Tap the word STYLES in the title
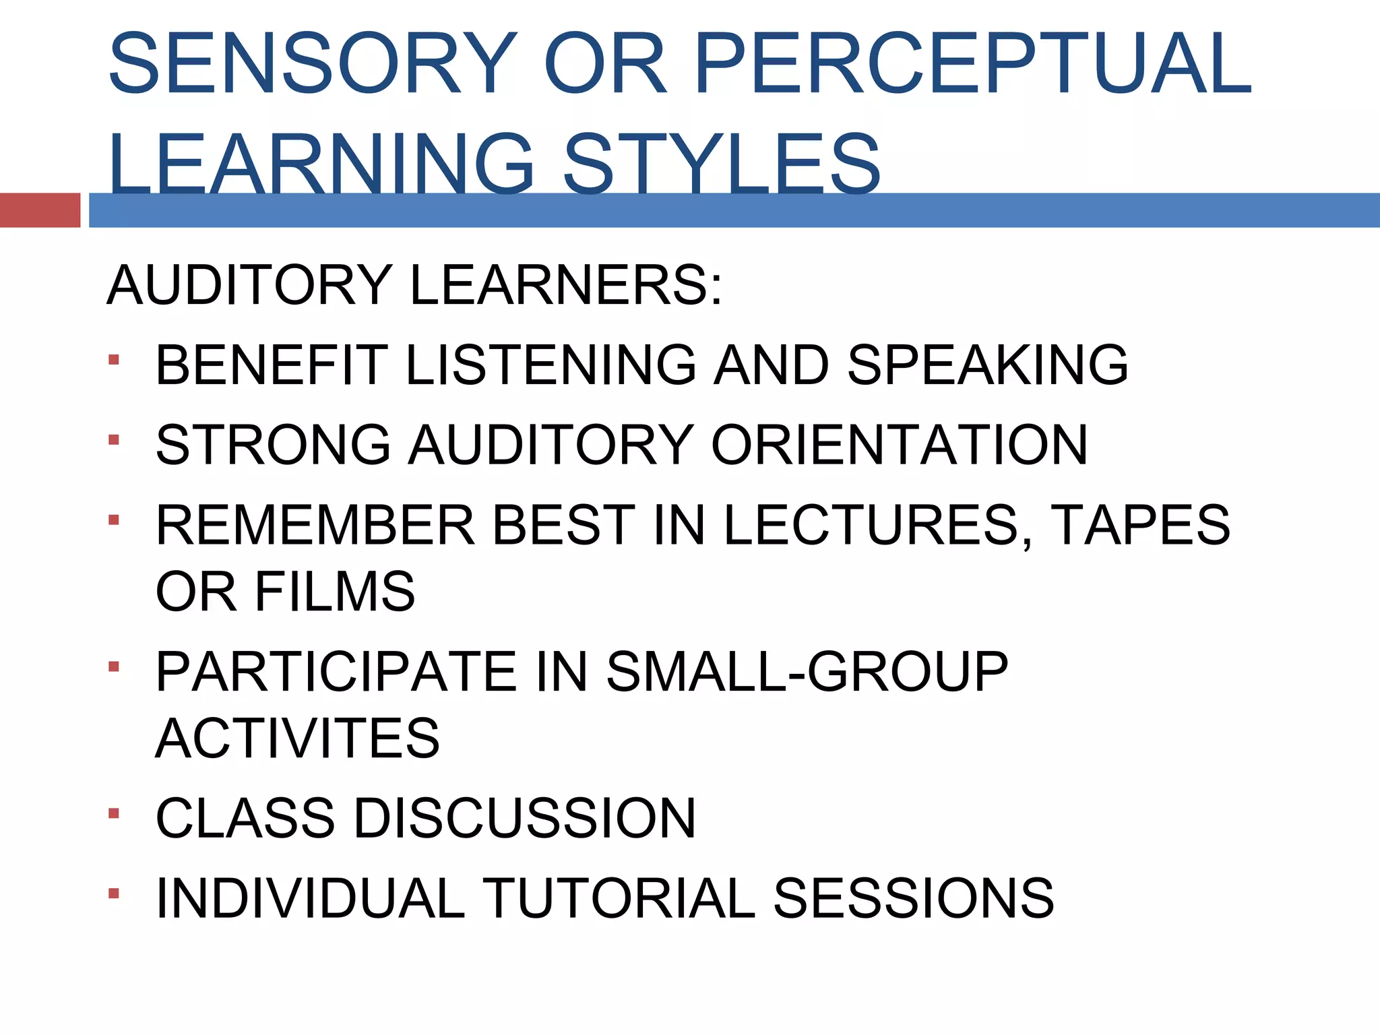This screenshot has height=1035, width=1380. coord(722,164)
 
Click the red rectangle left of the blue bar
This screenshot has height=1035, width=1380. coord(40,210)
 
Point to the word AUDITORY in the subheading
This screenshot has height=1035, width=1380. coord(249,285)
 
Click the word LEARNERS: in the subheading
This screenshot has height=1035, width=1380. coord(566,285)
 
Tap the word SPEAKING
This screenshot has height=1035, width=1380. coord(988,365)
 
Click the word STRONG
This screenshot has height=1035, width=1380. coord(273,445)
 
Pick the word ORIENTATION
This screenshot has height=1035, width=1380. coord(900,445)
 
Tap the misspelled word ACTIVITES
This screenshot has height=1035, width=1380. coord(297,738)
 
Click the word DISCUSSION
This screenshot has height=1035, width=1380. coord(525,818)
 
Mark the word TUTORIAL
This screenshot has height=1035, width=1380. coord(621,898)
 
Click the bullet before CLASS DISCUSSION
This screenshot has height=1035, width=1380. coord(113,813)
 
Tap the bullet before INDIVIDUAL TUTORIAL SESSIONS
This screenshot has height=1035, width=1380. coord(113,893)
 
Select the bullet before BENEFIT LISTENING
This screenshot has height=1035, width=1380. coord(113,360)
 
